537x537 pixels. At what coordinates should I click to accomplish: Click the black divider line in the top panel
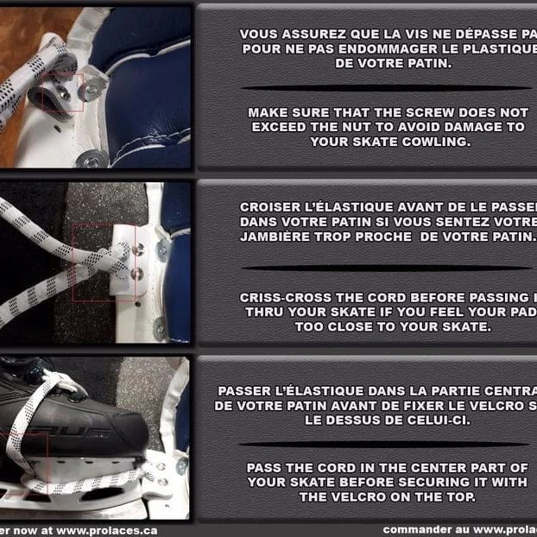coord(386,87)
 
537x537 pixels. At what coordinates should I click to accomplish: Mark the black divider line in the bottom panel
coord(386,444)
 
